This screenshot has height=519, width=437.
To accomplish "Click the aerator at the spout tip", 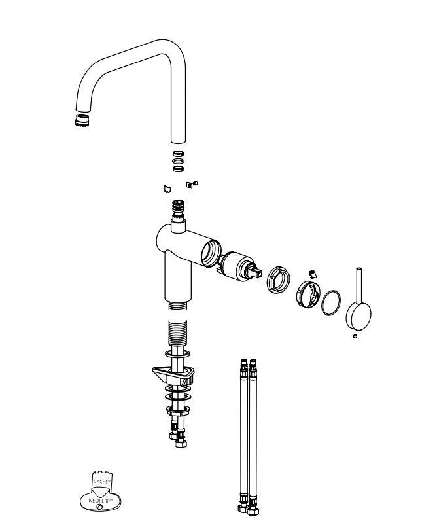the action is point(82,120).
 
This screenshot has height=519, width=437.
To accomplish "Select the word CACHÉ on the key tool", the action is point(101,481).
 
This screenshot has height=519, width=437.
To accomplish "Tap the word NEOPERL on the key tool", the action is point(100,501).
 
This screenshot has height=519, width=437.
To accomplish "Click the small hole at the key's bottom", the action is point(99,507).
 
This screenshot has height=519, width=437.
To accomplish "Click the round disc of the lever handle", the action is point(358,315).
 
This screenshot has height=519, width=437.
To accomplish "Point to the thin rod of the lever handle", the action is point(359,285).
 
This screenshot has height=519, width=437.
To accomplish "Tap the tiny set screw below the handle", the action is point(355,336).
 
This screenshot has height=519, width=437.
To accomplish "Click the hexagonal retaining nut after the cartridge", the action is point(279,279).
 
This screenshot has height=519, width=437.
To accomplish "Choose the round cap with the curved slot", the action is point(307,295).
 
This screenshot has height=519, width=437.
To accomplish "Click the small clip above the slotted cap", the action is point(313,274).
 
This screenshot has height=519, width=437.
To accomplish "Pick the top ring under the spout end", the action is point(178,154).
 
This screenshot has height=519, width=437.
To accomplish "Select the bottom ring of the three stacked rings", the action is point(178,168).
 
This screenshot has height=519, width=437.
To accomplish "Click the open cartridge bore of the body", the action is point(211,253).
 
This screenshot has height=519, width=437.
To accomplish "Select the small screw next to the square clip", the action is point(195,183).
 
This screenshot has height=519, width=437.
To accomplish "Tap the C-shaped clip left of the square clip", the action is point(167,189).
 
